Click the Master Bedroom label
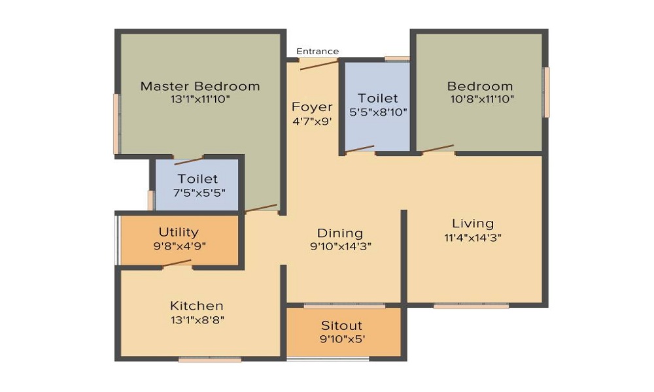(x=200, y=86)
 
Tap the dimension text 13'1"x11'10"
(x=200, y=99)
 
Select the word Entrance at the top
(x=318, y=52)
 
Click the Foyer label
(x=312, y=107)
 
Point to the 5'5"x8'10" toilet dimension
(x=379, y=112)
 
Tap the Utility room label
(x=179, y=233)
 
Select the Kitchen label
(x=197, y=306)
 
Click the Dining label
(x=339, y=233)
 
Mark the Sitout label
(x=341, y=325)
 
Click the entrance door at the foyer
(x=318, y=63)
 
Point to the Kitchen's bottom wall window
(x=210, y=359)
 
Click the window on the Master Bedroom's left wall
(x=116, y=124)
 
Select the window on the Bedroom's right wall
(x=547, y=92)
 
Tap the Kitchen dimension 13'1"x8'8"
(x=197, y=319)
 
